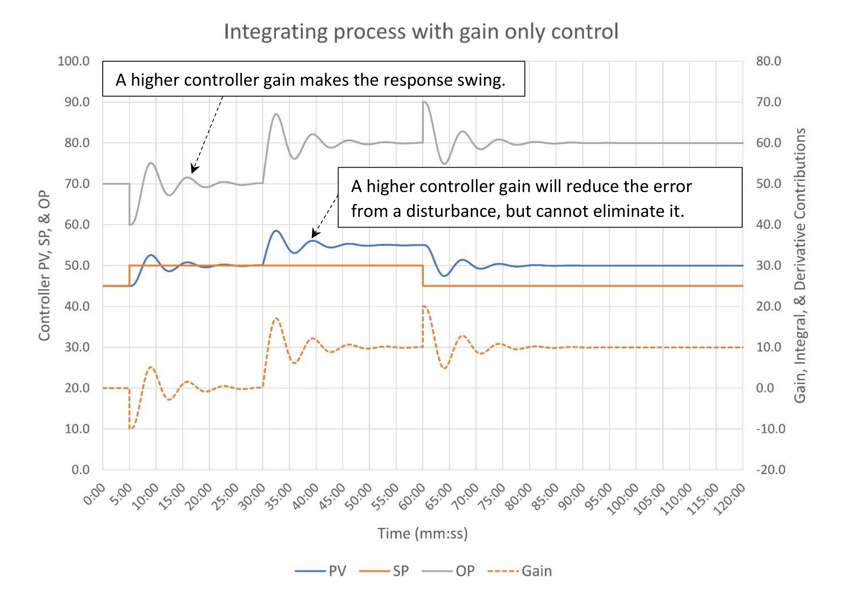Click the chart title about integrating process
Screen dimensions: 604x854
pyautogui.click(x=421, y=32)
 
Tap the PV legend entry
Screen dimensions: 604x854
pyautogui.click(x=321, y=571)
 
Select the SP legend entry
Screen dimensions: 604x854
pyautogui.click(x=384, y=571)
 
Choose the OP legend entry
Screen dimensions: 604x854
pyautogui.click(x=448, y=571)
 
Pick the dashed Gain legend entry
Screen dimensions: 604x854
pyautogui.click(x=520, y=571)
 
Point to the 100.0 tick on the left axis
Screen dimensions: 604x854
pyautogui.click(x=74, y=61)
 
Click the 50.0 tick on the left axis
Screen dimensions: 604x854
pyautogui.click(x=77, y=265)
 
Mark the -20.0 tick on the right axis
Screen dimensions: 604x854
pyautogui.click(x=770, y=469)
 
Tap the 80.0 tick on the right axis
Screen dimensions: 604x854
pyautogui.click(x=768, y=61)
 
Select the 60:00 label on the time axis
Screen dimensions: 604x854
pyautogui.click(x=412, y=497)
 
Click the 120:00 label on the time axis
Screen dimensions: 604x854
pyautogui.click(x=729, y=499)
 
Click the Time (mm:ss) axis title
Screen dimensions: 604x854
pyautogui.click(x=422, y=533)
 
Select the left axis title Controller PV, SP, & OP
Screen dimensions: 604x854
pyautogui.click(x=44, y=265)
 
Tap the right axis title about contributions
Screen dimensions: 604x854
pyautogui.click(x=799, y=265)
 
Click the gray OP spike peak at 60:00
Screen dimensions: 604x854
pyautogui.click(x=424, y=102)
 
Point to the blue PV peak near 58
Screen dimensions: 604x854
pyautogui.click(x=276, y=231)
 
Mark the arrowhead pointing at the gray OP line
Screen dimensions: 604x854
pyautogui.click(x=194, y=170)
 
